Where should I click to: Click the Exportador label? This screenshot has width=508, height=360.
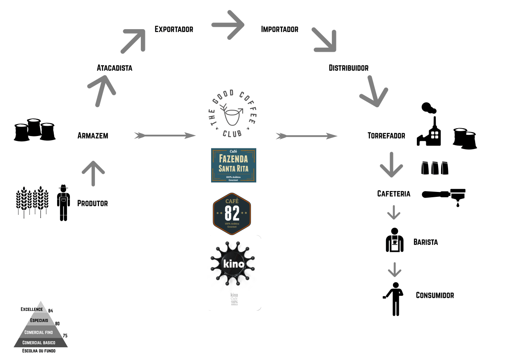(x=174, y=29)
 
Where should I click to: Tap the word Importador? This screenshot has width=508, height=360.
(x=280, y=29)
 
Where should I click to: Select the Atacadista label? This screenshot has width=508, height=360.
(x=115, y=68)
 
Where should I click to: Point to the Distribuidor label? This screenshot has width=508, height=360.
(x=349, y=68)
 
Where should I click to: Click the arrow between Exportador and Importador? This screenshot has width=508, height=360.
(x=228, y=25)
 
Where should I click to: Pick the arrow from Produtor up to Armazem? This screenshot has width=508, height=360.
(x=93, y=173)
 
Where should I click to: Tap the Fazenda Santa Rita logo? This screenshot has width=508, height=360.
(x=233, y=165)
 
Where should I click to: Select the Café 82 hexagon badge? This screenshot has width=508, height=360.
(x=232, y=213)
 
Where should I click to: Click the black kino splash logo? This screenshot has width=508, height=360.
(x=233, y=263)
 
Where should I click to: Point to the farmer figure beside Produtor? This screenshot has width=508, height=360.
(x=63, y=203)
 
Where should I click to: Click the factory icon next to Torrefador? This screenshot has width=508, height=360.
(x=429, y=125)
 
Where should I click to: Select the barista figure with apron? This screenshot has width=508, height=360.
(x=395, y=240)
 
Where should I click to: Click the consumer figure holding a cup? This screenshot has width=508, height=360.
(x=395, y=299)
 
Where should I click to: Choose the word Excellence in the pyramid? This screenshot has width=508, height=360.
(x=32, y=309)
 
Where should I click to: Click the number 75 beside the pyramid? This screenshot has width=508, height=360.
(x=65, y=336)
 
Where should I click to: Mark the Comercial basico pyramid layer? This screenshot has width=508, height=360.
(x=39, y=342)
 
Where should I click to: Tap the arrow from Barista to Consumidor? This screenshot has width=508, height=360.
(x=394, y=270)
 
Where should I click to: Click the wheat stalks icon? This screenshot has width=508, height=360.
(x=30, y=201)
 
